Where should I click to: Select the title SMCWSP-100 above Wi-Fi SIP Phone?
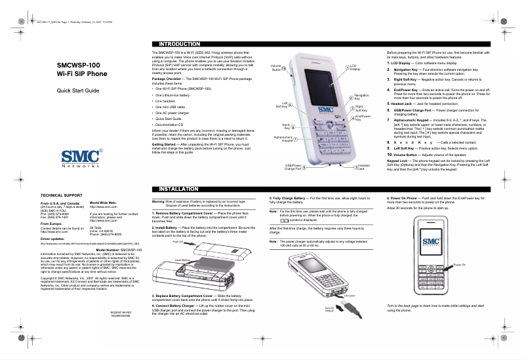click(78, 66)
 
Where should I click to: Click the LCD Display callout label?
click(354, 68)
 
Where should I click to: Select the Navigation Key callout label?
click(361, 97)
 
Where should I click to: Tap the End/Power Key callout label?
click(363, 118)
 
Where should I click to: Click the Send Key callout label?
click(286, 125)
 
